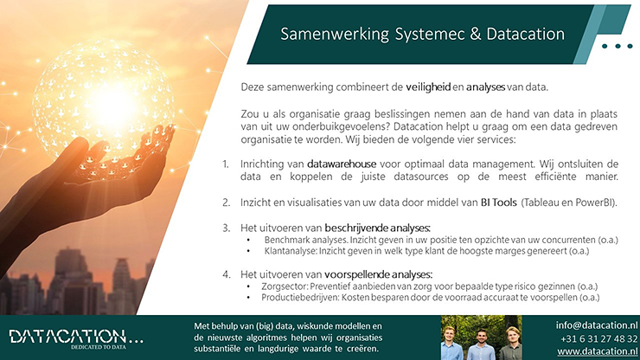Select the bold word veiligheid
click(x=428, y=87)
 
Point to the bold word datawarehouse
click(x=342, y=164)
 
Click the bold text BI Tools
click(x=499, y=202)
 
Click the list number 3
click(x=226, y=228)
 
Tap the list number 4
click(x=226, y=274)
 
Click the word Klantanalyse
click(x=291, y=251)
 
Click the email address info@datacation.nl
click(x=597, y=325)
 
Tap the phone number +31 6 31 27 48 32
click(x=598, y=338)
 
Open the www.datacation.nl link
click(x=598, y=351)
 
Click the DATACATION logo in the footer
click(x=76, y=337)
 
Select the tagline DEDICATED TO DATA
click(x=99, y=347)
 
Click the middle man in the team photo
click(x=482, y=344)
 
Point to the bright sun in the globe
click(x=109, y=103)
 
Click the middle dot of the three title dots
click(x=618, y=46)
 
